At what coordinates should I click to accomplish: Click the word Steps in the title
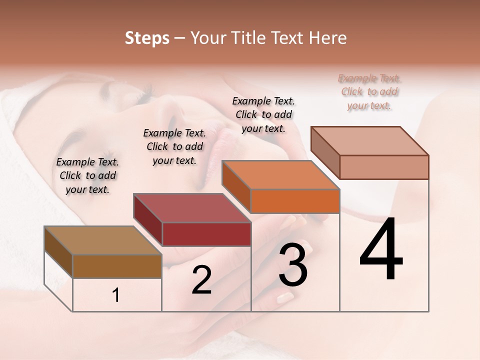(x=147, y=38)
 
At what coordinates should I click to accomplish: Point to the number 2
(x=201, y=280)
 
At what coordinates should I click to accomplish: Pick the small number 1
(x=116, y=295)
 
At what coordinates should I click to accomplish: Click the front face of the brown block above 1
(x=117, y=266)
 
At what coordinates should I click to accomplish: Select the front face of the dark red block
(x=206, y=234)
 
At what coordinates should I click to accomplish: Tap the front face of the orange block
(x=295, y=201)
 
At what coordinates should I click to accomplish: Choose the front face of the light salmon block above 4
(x=384, y=167)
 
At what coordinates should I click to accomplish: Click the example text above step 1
(x=87, y=175)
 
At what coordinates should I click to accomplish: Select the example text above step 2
(x=174, y=146)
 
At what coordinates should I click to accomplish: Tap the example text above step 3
(x=263, y=114)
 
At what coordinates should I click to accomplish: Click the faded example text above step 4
(x=369, y=92)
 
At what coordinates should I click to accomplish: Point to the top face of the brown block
(x=102, y=240)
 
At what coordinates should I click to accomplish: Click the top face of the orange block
(x=280, y=175)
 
